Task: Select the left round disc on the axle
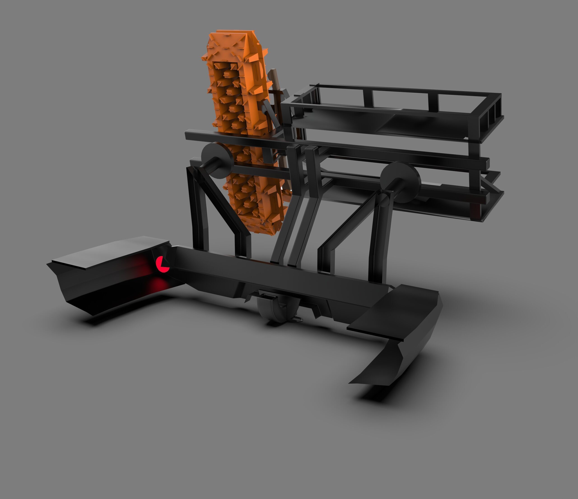217,160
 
